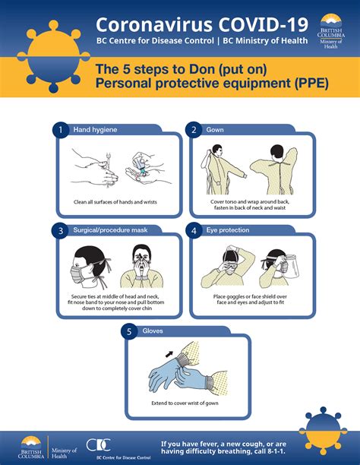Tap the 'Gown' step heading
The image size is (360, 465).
tap(215, 130)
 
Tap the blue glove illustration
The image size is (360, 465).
tap(171, 376)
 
